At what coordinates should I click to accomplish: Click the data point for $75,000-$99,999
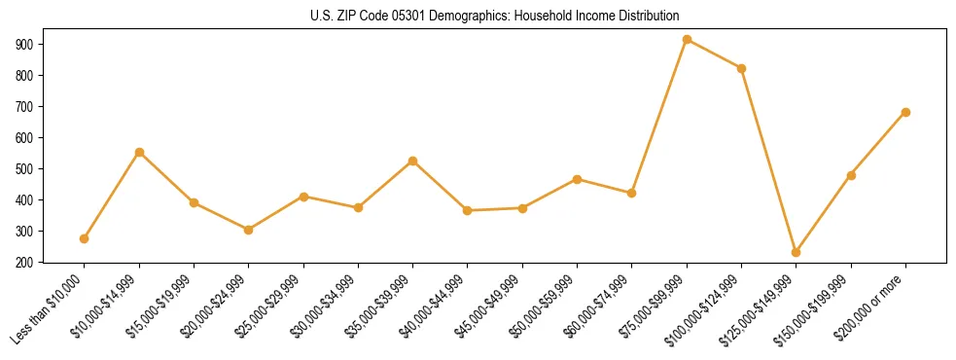pos(687,40)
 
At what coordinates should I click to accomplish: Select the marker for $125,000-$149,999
pos(797,252)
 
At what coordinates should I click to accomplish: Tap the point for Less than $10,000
pos(85,238)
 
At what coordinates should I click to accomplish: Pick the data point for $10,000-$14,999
pos(139,152)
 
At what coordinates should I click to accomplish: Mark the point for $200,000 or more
pos(905,112)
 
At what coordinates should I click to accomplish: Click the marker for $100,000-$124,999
pos(742,68)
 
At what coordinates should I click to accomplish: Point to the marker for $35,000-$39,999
pos(413,161)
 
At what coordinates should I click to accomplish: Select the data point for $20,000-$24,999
pos(249,230)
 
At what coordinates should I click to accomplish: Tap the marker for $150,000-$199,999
pos(851,175)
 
